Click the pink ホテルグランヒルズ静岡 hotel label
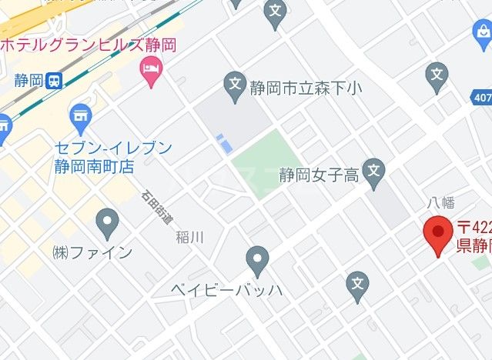pyautogui.click(x=88, y=45)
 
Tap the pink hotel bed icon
pyautogui.click(x=149, y=71)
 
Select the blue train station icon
pyautogui.click(x=54, y=81)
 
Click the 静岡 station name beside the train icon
pyautogui.click(x=27, y=81)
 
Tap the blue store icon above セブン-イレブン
pyautogui.click(x=79, y=118)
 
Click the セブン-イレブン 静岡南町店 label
pyautogui.click(x=113, y=156)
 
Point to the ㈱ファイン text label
pyautogui.click(x=92, y=252)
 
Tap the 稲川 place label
pyautogui.click(x=189, y=237)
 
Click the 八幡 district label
pyautogui.click(x=441, y=203)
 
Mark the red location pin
pyautogui.click(x=438, y=235)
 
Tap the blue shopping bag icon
pyautogui.click(x=480, y=35)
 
